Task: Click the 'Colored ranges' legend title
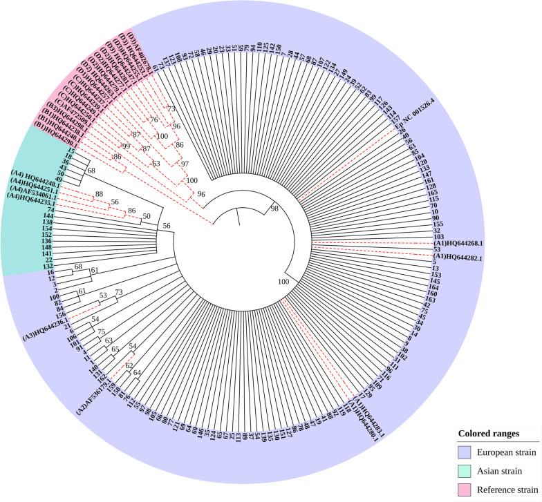click(488, 434)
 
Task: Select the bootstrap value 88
click(100, 194)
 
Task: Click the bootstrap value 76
click(154, 120)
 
